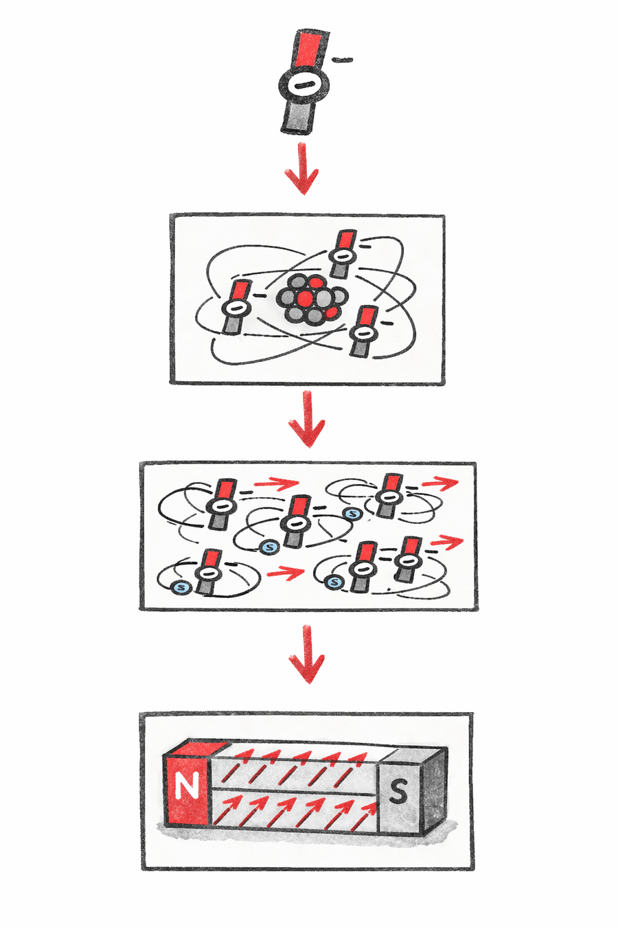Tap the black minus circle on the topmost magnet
303,86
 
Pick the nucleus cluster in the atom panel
312,299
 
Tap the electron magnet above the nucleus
341,255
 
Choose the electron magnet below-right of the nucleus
363,332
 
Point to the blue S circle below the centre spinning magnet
268,547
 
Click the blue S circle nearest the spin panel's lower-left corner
181,587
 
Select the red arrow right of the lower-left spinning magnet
284,571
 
